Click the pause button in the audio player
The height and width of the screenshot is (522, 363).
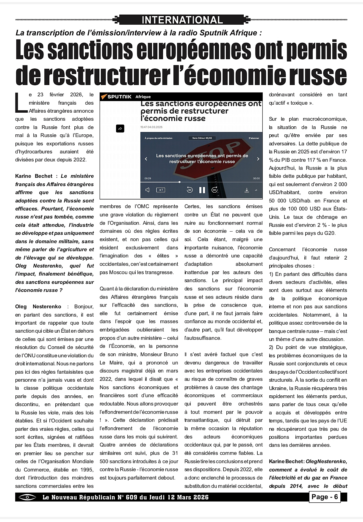202,190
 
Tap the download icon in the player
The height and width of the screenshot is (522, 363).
247,190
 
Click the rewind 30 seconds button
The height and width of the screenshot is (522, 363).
190,190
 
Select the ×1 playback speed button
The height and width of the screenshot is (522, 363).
161,190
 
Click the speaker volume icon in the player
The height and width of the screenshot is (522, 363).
147,190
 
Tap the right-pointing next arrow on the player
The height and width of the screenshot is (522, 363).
258,159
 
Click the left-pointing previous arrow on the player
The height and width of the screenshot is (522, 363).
146,159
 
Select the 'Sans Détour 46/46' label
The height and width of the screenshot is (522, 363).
202,138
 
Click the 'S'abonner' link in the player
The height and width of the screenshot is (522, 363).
254,138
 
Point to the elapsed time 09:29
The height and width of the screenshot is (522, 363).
148,178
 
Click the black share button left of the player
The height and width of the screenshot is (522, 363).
120,128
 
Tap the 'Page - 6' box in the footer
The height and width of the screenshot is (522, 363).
324,497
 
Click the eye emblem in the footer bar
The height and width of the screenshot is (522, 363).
27,497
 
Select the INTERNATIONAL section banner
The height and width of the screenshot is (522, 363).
182,20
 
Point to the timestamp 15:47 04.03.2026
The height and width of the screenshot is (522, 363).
151,127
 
